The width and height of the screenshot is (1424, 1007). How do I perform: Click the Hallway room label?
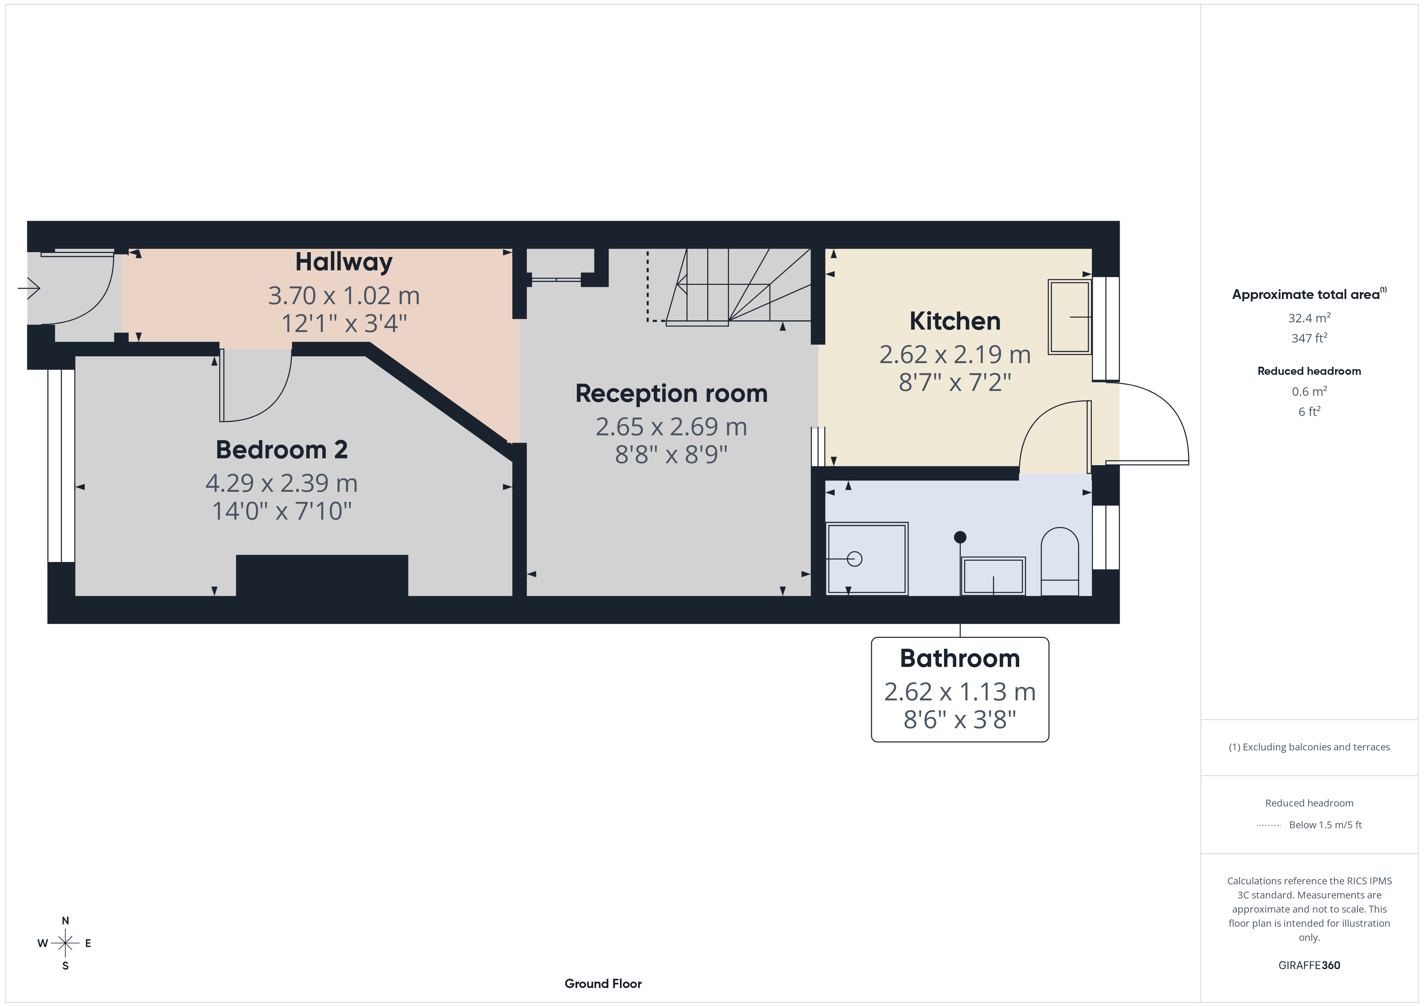coord(343,262)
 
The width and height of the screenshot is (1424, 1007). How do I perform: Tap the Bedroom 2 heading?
coord(282,449)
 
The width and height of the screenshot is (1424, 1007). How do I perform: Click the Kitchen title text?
coord(955,321)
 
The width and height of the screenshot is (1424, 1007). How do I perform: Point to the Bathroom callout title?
coord(959,658)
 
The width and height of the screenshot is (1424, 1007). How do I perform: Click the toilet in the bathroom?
coord(1059,562)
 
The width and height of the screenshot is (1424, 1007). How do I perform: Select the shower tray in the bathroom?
coord(867,559)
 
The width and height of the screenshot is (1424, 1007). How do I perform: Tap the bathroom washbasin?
coord(993,576)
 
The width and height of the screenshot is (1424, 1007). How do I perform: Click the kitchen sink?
coord(1069,317)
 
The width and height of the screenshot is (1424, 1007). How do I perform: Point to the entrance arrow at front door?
coord(29,288)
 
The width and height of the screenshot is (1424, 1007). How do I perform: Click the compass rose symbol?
coord(65,943)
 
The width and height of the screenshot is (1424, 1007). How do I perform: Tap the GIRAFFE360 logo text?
coord(1309,965)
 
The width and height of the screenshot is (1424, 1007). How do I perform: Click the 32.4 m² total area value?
coord(1309,318)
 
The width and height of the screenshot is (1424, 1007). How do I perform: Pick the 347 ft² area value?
coord(1309,338)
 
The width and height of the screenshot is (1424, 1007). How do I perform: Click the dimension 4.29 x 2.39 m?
coord(282,483)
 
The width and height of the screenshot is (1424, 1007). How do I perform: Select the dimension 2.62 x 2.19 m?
coord(955,355)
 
